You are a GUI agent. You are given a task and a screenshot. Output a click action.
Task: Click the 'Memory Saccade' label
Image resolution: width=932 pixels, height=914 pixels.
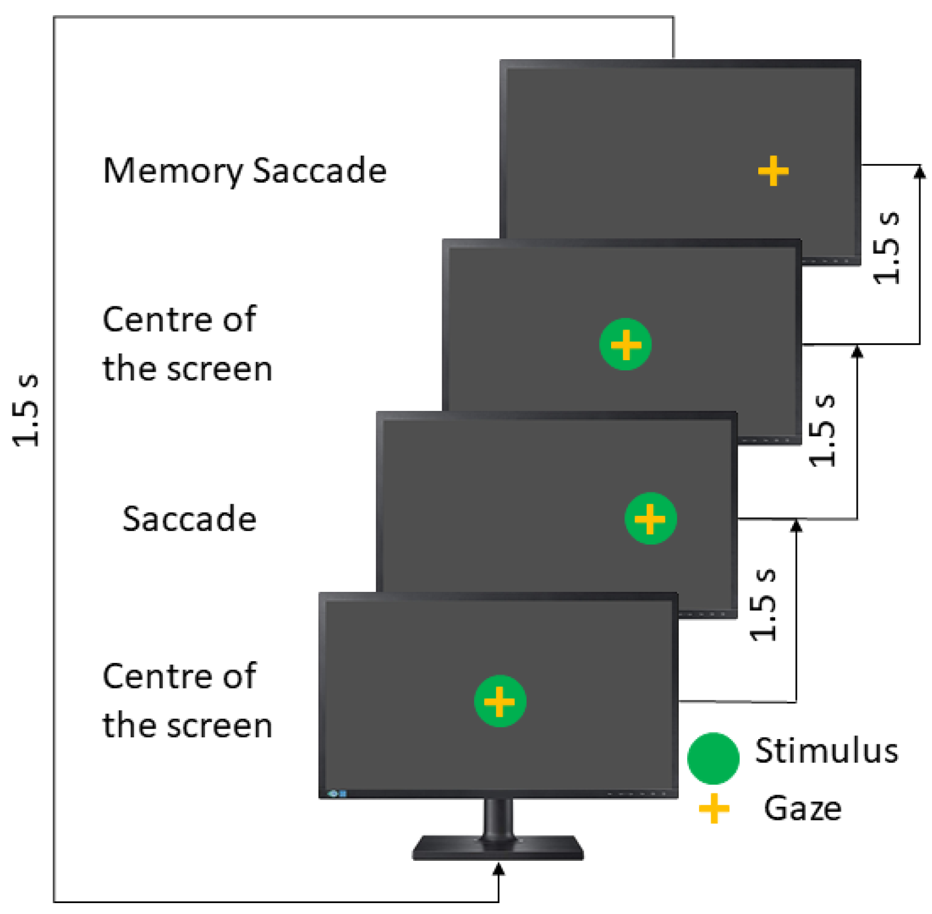pyautogui.click(x=244, y=171)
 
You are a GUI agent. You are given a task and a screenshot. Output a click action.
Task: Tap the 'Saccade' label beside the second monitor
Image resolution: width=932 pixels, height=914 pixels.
pyautogui.click(x=189, y=519)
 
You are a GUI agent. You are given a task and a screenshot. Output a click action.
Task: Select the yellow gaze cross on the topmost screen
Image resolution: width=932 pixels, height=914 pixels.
pyautogui.click(x=773, y=171)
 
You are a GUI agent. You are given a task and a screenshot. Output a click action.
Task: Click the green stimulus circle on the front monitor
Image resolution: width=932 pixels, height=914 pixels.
pyautogui.click(x=499, y=701)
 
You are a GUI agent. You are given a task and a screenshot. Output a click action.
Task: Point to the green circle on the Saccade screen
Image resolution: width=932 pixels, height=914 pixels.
pyautogui.click(x=650, y=519)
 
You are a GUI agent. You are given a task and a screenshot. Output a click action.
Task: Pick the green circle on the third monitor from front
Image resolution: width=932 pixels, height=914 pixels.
pyautogui.click(x=626, y=344)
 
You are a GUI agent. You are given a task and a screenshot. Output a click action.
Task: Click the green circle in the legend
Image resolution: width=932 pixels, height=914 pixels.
pyautogui.click(x=713, y=758)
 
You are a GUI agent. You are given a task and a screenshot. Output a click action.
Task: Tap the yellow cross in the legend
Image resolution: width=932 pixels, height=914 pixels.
pyautogui.click(x=714, y=808)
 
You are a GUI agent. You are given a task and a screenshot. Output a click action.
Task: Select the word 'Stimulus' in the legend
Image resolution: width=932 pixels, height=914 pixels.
pyautogui.click(x=826, y=751)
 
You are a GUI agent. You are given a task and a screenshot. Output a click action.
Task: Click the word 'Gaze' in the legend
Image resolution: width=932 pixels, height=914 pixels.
pyautogui.click(x=802, y=808)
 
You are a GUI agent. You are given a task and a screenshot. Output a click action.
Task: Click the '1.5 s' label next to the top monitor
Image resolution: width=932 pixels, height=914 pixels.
pyautogui.click(x=887, y=247)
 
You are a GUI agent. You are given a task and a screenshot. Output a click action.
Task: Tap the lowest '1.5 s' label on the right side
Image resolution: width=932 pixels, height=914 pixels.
pyautogui.click(x=763, y=605)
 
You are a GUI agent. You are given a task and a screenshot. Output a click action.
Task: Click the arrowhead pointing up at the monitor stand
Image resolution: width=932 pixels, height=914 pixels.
pyautogui.click(x=498, y=869)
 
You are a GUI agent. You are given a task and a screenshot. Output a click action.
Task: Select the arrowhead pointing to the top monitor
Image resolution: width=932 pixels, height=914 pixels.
pyautogui.click(x=919, y=172)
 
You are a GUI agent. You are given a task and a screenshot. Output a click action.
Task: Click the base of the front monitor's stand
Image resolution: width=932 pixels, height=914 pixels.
pyautogui.click(x=498, y=848)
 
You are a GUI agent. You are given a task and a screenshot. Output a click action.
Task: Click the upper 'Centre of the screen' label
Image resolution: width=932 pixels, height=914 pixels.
pyautogui.click(x=187, y=344)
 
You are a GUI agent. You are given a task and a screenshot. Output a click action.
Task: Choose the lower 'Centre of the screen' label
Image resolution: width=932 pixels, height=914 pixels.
pyautogui.click(x=187, y=700)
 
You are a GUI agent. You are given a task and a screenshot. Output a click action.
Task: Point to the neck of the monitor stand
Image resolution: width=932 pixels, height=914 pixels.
pyautogui.click(x=498, y=817)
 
